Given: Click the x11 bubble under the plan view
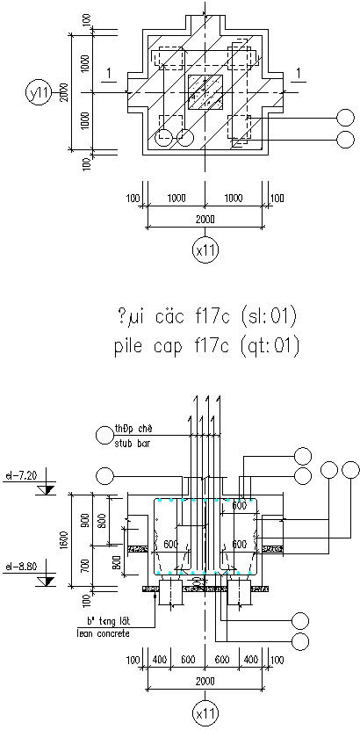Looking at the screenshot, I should coord(205,250).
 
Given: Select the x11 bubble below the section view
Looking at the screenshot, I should coord(205,714).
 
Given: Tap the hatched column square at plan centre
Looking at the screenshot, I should coord(205,91).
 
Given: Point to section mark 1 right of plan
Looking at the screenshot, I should coord(300,73).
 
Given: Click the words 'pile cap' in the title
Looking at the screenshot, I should coord(143,346).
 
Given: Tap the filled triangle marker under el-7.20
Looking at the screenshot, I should coord(47,488).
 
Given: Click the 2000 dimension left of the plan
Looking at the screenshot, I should coord(63,91).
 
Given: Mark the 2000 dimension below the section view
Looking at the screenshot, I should coord(205,681).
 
